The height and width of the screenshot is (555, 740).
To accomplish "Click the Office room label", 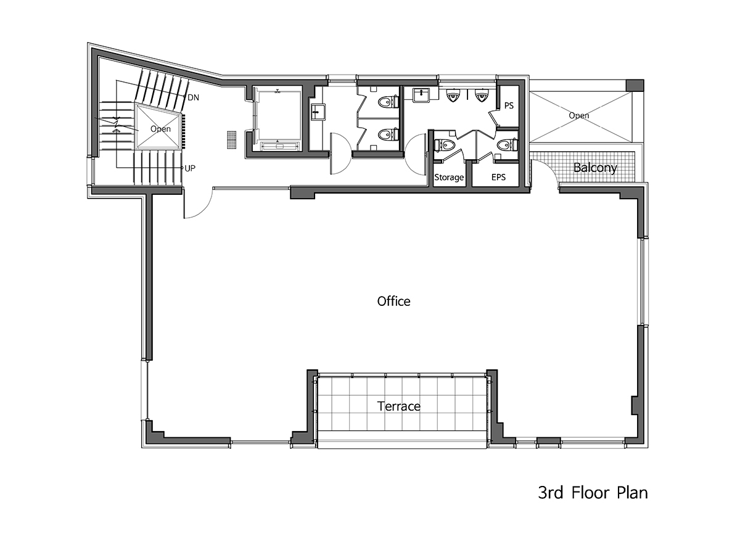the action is tap(393, 302).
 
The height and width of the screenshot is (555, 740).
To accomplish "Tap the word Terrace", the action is tap(398, 406).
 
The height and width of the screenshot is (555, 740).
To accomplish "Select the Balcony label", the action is tap(595, 168).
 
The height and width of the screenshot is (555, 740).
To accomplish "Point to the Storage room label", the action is tap(449, 177).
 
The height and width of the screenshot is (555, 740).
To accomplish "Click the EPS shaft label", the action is tap(498, 177).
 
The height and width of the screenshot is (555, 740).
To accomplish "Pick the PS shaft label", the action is tap(509, 106).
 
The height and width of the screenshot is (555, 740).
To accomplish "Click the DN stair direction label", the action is tap(193, 97).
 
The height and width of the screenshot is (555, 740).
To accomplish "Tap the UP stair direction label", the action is tap(190, 168).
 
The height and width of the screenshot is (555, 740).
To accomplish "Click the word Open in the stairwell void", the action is tap(160, 129).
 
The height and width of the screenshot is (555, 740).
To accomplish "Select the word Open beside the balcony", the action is tap(579, 115).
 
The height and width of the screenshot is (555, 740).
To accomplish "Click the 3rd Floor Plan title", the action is tap(593, 493).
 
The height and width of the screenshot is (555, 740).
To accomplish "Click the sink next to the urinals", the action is tap(421, 94).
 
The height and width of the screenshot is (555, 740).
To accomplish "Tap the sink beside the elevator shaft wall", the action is tap(318, 112).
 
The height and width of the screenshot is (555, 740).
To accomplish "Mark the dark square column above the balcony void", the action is tap(635, 85).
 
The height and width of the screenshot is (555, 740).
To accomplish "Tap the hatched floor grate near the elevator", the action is tap(232, 139).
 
